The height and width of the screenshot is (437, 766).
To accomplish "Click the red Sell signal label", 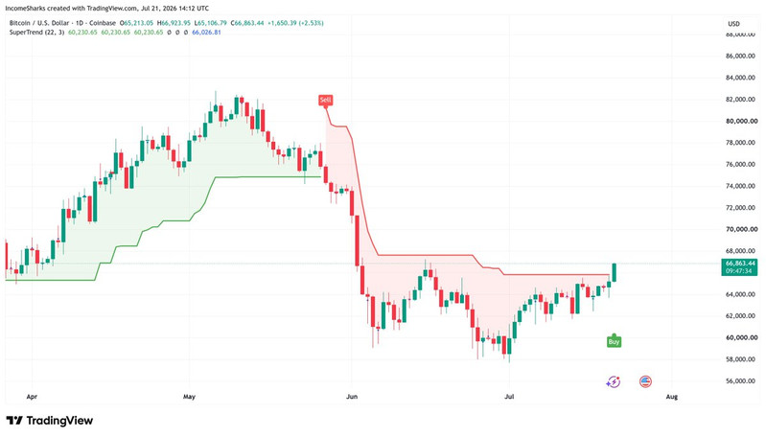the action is click(325, 100).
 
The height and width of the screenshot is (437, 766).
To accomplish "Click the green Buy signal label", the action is click(614, 342).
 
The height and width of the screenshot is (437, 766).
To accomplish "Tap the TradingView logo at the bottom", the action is click(49, 421).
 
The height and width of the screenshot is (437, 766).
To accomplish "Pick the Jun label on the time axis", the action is click(352, 397).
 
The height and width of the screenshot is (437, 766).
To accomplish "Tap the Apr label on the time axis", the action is click(32, 397).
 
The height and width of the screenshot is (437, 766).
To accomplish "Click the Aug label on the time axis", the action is click(672, 397).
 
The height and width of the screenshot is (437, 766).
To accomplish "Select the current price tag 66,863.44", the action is click(739, 264).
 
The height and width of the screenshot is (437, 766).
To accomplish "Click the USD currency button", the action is click(733, 23).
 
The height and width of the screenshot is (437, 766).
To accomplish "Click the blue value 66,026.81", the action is click(206, 33).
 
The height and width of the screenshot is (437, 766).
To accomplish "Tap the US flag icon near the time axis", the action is click(645, 381).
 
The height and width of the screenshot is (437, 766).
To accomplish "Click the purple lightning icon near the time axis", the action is click(614, 381).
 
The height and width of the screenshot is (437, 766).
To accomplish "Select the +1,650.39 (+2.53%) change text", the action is click(295, 23).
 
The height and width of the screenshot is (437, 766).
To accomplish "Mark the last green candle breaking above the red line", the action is click(615, 272).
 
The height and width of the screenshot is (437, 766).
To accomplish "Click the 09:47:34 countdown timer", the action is click(738, 271).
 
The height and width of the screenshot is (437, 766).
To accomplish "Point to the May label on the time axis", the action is click(189, 397).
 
